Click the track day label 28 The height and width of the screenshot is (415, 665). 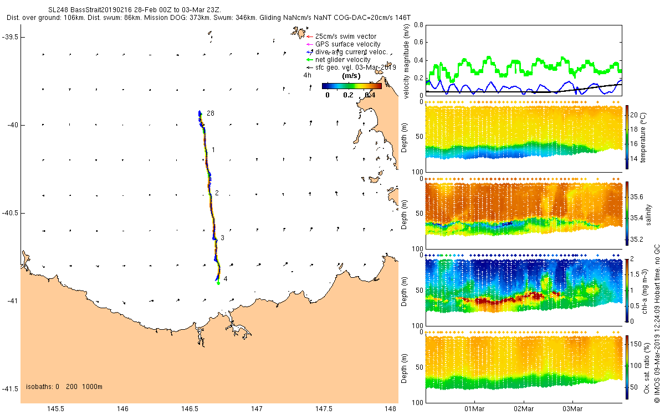tap(211, 113)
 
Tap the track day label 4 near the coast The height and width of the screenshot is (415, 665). tap(226, 279)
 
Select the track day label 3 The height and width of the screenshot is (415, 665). tap(222, 238)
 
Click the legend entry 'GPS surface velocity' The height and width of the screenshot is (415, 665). tap(347, 44)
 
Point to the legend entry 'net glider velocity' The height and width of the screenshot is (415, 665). tap(342, 60)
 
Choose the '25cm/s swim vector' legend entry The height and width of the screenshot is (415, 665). tap(346, 36)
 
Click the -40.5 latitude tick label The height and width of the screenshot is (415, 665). tap(9, 213)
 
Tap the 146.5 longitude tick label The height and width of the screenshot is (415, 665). tap(190, 409)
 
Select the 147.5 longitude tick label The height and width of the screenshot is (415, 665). tap(324, 409)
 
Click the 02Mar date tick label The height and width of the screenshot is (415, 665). tap(524, 409)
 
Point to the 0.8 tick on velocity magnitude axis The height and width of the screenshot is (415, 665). tap(418, 25)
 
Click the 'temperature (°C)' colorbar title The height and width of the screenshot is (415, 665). tap(643, 137)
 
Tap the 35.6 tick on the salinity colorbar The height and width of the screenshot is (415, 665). tap(637, 197)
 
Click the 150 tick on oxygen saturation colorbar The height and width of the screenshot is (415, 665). tap(636, 344)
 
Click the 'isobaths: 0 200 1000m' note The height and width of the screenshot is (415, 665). tap(64, 387)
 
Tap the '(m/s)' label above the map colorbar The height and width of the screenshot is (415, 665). tap(351, 76)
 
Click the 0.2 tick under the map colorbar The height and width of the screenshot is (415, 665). tap(348, 95)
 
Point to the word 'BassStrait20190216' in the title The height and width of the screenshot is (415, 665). tap(101, 10)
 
